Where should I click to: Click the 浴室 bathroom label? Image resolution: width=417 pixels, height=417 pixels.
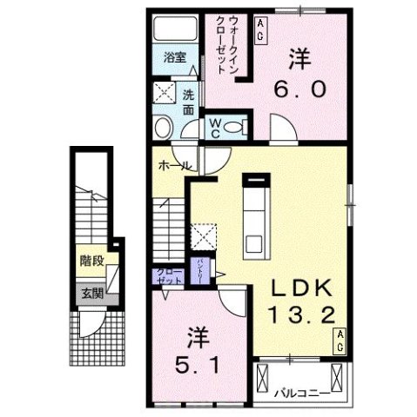(x=175, y=57)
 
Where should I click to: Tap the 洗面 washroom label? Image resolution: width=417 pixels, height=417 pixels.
(x=189, y=102)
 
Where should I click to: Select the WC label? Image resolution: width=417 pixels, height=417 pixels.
(x=212, y=128)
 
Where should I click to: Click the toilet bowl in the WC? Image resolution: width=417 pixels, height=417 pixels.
(x=231, y=128)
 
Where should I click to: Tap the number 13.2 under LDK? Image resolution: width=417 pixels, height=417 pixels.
(x=302, y=315)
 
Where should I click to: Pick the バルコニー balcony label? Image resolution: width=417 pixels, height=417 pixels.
(x=300, y=391)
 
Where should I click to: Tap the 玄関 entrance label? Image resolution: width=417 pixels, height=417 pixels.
(x=91, y=293)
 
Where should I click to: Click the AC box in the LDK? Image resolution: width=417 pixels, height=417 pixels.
(x=342, y=340)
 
